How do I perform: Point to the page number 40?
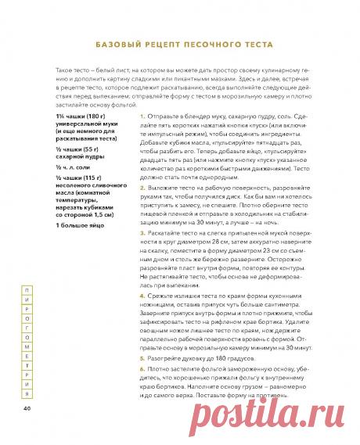[x=27, y=407]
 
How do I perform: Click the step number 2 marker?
[x=142, y=188]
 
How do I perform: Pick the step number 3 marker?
[x=142, y=232]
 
